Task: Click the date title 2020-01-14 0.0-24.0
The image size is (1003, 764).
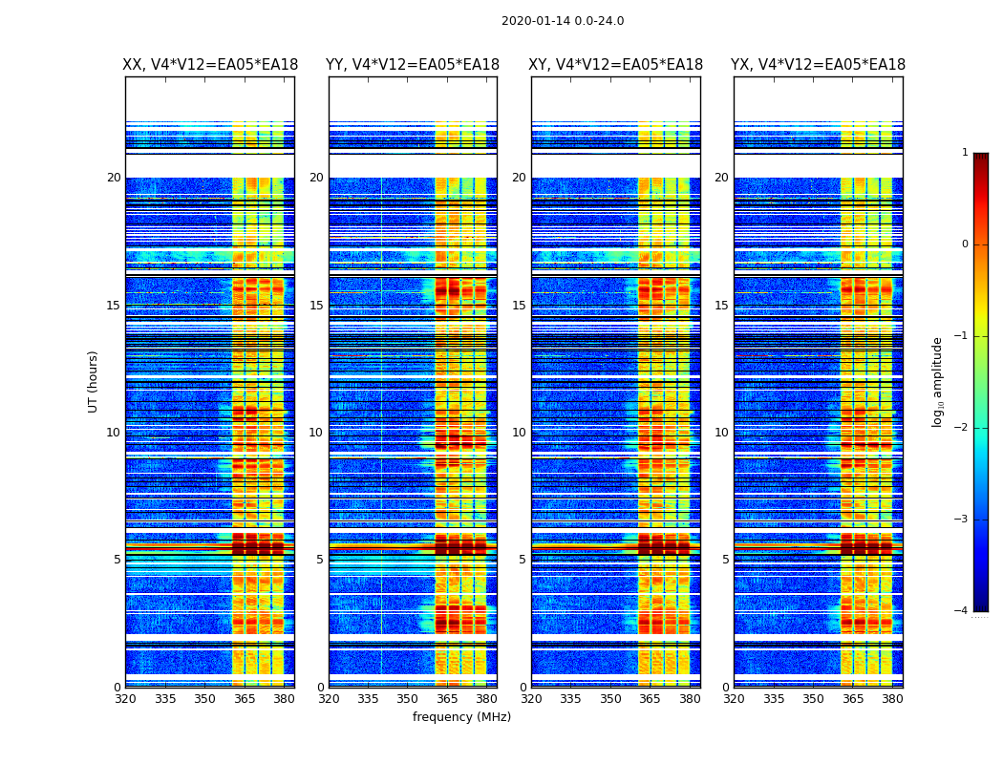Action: [563, 21]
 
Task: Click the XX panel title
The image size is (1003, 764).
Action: [210, 65]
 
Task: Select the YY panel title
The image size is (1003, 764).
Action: [413, 65]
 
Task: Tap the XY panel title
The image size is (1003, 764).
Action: [616, 65]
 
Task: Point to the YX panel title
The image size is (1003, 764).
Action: [818, 65]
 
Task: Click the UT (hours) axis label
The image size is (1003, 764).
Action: [94, 381]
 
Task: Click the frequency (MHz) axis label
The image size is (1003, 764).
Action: [461, 717]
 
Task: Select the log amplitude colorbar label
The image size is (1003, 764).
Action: [938, 381]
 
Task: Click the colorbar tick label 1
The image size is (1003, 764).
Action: [965, 153]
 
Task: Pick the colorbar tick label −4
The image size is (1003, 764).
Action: [962, 611]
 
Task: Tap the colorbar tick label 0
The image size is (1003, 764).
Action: [965, 244]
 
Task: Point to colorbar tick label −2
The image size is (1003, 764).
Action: [962, 428]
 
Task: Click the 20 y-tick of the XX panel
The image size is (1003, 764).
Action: [114, 178]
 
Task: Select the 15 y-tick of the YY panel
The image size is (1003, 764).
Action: [316, 306]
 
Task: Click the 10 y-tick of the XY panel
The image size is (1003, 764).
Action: [519, 433]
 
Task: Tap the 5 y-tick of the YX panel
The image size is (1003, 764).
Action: [725, 560]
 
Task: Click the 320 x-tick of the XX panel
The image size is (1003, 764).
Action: [125, 699]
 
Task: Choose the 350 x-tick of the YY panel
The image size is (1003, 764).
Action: [408, 699]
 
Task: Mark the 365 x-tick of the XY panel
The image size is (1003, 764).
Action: [651, 699]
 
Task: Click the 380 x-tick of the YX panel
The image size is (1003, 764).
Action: [892, 699]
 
